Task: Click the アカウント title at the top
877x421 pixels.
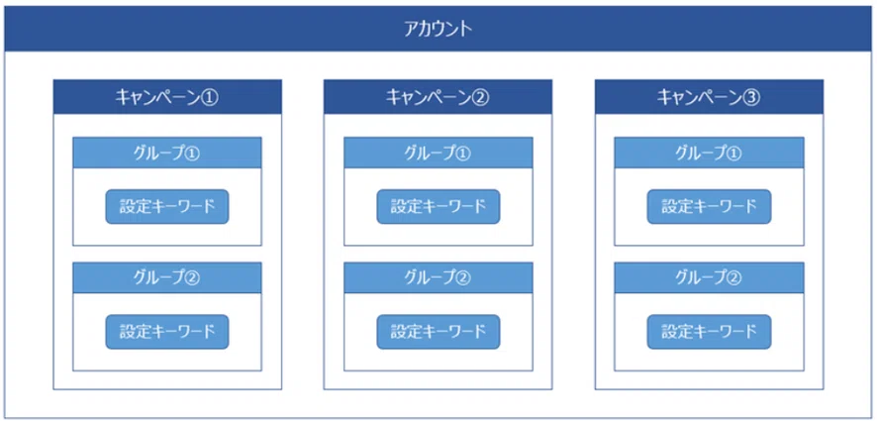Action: tap(438, 28)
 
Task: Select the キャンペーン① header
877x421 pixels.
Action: tap(167, 97)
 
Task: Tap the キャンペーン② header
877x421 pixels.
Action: tap(438, 97)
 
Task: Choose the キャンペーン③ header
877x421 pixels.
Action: tap(709, 97)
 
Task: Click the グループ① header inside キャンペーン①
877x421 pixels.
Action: tap(167, 153)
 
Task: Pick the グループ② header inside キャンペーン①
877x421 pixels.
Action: tap(167, 277)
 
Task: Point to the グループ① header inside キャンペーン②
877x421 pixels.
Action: tap(438, 153)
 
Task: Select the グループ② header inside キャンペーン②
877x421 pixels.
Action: tap(438, 277)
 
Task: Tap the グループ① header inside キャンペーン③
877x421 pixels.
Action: tap(709, 153)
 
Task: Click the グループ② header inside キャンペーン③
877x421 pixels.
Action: tap(709, 277)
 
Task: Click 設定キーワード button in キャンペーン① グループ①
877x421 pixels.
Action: tap(167, 206)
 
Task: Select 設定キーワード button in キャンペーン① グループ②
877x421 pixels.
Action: tap(167, 331)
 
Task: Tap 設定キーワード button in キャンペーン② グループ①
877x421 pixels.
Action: tap(438, 206)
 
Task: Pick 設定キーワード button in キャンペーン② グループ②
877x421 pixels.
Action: tap(438, 331)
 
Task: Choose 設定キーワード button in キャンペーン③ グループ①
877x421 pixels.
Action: tap(709, 206)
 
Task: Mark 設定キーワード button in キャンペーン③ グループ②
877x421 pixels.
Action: tap(709, 331)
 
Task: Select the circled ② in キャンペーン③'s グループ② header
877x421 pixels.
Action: tap(734, 277)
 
